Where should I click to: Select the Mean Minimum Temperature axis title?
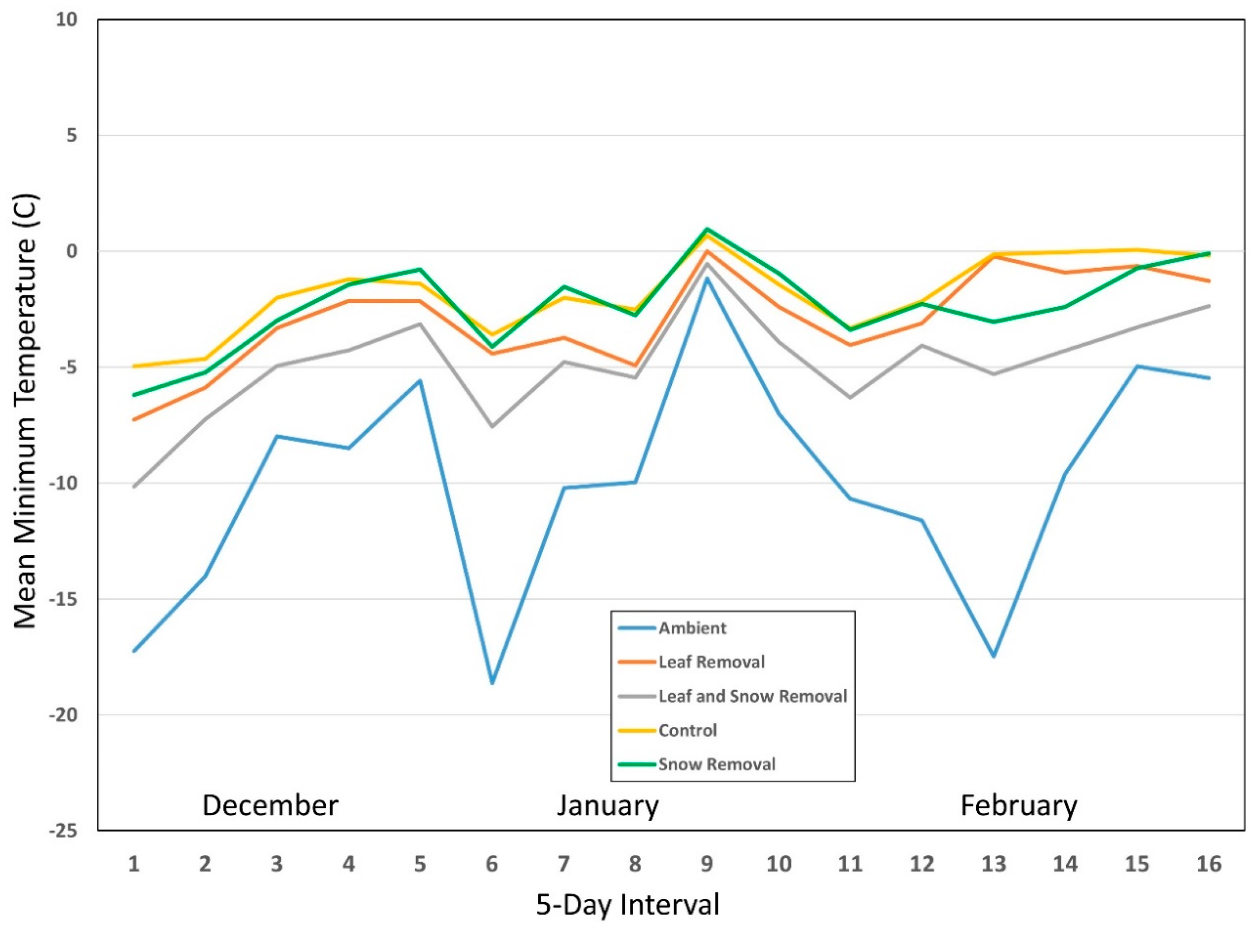pyautogui.click(x=25, y=411)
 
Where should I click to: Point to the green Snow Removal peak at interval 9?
pyautogui.click(x=707, y=229)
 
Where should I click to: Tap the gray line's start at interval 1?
pyautogui.click(x=133, y=487)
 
